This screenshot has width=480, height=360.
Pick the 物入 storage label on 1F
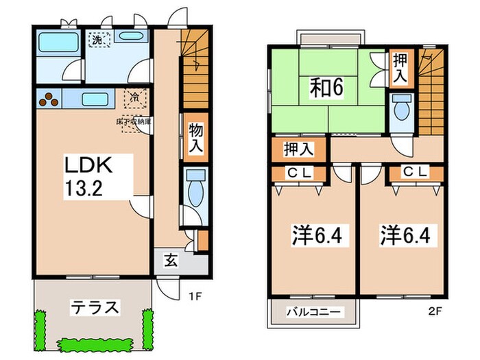196,136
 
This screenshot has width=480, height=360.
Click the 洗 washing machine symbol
97,40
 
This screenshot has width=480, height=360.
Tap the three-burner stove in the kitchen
49,100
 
